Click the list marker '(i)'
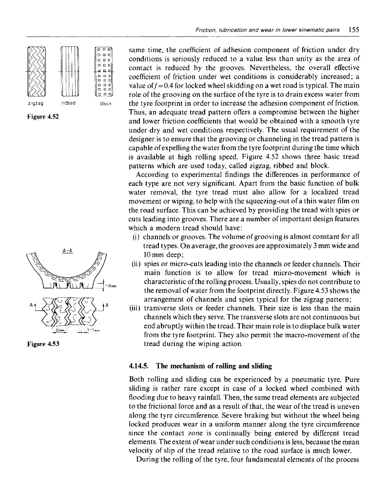tap(136, 238)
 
